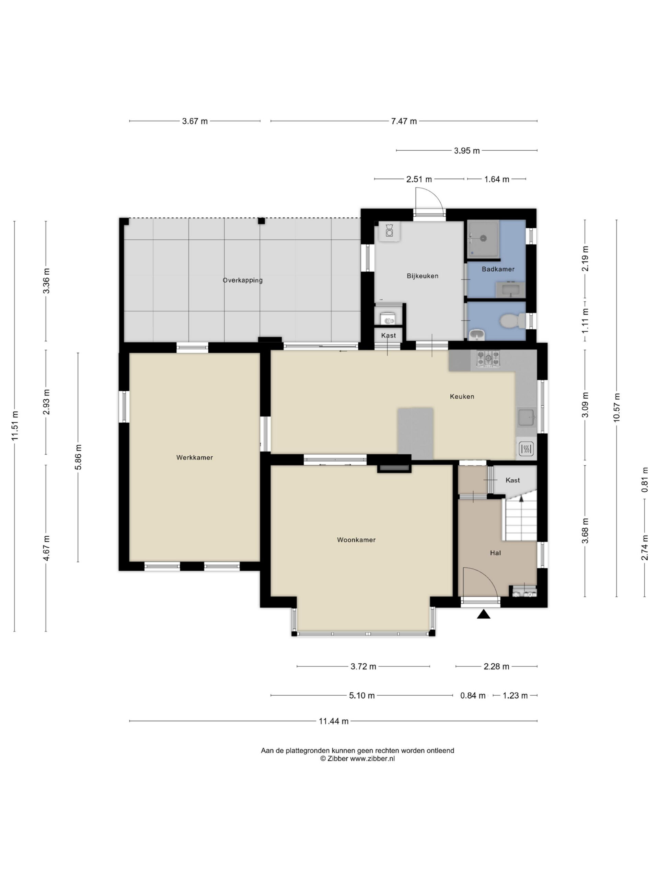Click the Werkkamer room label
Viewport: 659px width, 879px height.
click(x=194, y=457)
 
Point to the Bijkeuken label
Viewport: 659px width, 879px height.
click(x=422, y=276)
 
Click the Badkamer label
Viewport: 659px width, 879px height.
click(x=498, y=269)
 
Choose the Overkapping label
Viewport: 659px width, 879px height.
click(x=242, y=280)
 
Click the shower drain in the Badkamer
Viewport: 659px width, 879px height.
click(x=483, y=238)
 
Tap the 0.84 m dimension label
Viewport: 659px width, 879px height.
click(x=473, y=695)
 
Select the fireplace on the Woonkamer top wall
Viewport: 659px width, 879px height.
click(x=394, y=469)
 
